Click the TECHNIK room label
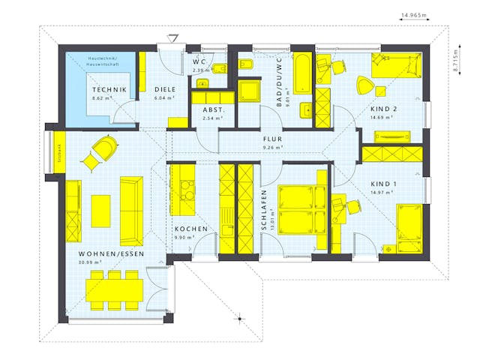pos(110,89)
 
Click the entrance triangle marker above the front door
pos(174,37)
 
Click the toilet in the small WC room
pos(219,70)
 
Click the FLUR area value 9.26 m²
pos(271,148)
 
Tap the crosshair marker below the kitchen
pos(240,318)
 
